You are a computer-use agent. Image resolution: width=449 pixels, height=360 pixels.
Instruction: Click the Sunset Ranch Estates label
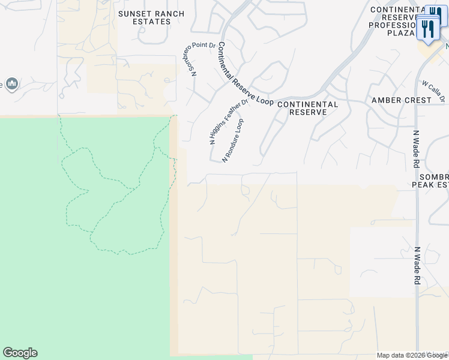[x=144, y=17]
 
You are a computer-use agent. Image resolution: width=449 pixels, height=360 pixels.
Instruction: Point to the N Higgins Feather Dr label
[x=229, y=122]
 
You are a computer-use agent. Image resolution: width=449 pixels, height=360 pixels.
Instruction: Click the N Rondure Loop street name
[x=233, y=141]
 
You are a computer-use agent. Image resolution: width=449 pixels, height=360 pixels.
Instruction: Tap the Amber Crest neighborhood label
[x=402, y=100]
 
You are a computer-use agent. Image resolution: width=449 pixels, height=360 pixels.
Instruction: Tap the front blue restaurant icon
[x=428, y=28]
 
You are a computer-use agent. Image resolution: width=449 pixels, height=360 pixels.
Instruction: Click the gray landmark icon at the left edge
[x=11, y=83]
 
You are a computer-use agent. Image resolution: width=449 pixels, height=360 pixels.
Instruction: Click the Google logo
[x=20, y=353]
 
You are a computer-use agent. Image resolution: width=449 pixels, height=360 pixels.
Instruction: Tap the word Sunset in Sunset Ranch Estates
[x=131, y=13]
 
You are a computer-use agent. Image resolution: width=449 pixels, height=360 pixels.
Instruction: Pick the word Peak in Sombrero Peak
[x=421, y=185]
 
